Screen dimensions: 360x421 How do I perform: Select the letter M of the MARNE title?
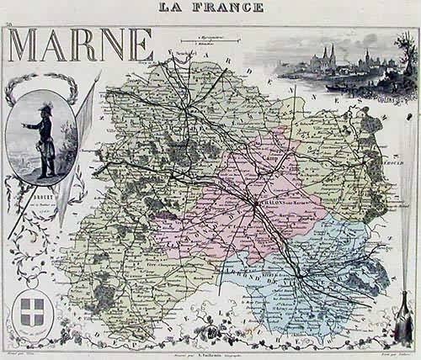click(x=28, y=45)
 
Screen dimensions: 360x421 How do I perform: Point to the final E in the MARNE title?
click(x=139, y=45)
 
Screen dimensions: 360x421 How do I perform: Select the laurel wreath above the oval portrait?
click(x=40, y=84)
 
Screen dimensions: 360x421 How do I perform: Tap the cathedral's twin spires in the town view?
click(x=328, y=56)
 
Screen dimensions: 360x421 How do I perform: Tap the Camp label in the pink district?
click(x=270, y=158)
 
